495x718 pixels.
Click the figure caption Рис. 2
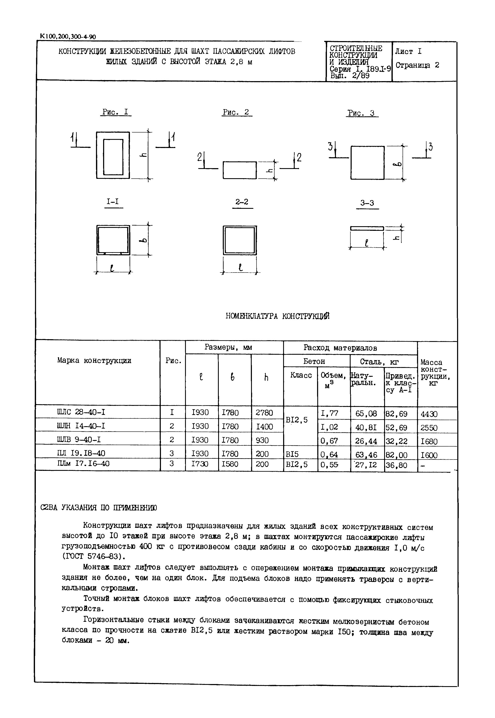point(237,112)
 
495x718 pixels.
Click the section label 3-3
point(367,203)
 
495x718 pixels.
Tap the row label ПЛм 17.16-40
point(83,464)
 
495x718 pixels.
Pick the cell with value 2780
point(264,413)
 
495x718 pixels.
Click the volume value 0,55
point(330,465)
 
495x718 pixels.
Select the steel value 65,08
point(366,414)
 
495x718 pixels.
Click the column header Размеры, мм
point(228,348)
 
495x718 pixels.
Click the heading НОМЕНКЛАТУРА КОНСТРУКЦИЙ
point(278,316)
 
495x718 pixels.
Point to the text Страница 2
point(417,65)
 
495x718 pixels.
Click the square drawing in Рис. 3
point(368,163)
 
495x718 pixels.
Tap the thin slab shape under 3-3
point(367,228)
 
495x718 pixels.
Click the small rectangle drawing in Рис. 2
point(240,170)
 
